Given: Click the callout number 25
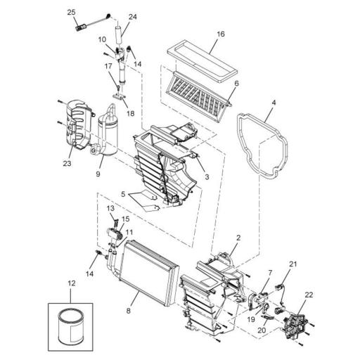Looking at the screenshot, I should (x=71, y=12).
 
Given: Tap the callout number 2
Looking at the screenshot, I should (x=238, y=239).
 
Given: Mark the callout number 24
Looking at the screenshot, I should (x=133, y=16).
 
